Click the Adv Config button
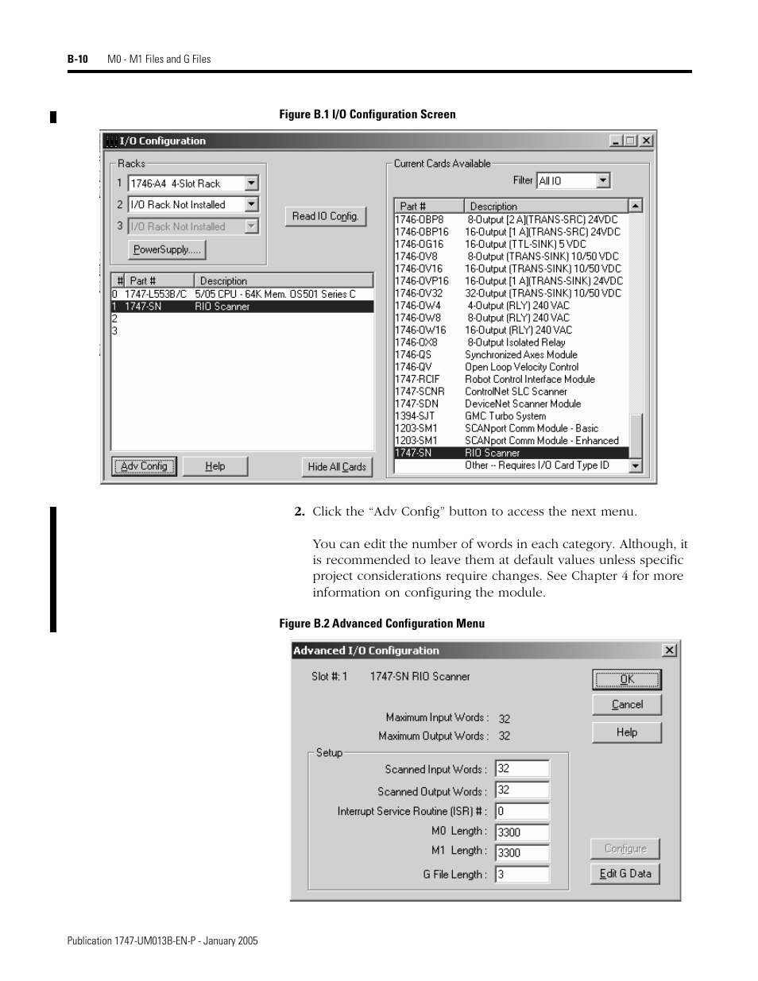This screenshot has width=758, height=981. tap(144, 466)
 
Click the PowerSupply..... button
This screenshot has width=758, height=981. tap(167, 249)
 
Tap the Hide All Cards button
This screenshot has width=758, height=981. tap(337, 466)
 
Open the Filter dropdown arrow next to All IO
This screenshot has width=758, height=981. tap(603, 181)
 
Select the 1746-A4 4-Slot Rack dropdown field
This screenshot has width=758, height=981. tap(187, 183)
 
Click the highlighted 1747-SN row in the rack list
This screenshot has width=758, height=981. tap(242, 307)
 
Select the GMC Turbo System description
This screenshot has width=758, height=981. tap(505, 415)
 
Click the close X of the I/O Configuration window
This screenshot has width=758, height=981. tap(646, 141)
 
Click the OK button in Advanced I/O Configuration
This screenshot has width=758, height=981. tap(626, 679)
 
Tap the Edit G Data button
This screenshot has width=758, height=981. tap(625, 874)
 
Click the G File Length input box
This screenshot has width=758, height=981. tap(521, 875)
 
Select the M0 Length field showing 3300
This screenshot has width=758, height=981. tap(521, 832)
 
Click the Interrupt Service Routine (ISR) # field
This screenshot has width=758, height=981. tap(521, 811)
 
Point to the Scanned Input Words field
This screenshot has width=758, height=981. tap(521, 769)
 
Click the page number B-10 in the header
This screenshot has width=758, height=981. tap(77, 59)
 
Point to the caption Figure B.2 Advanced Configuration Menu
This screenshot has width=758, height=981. tap(381, 624)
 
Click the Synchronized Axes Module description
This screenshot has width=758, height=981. tap(520, 354)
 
